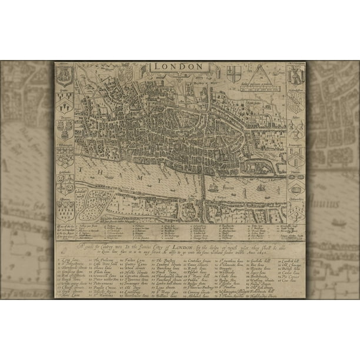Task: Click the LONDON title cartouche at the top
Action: pyautogui.click(x=179, y=66)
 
